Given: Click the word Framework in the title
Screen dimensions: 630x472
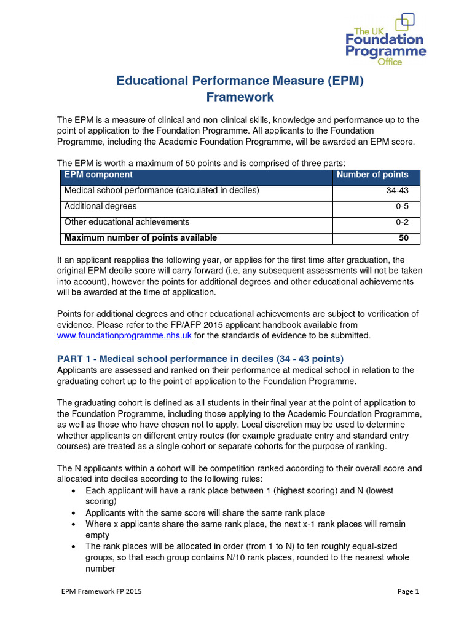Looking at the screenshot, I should pos(240,97).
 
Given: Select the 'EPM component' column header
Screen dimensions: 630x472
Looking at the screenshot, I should pos(98,175).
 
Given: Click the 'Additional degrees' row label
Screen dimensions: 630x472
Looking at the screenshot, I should pos(100,207).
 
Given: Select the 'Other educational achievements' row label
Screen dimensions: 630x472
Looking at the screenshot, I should pos(127,222).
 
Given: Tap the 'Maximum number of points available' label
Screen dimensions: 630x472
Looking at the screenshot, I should pos(140,238).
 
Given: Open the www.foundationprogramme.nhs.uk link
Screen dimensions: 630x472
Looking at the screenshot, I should pos(125,336).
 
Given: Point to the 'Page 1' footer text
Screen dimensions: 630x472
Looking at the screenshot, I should pos(407,592).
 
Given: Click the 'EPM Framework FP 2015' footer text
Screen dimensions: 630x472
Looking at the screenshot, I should pos(101,592).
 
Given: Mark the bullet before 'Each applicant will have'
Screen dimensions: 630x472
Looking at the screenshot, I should pos(74,491).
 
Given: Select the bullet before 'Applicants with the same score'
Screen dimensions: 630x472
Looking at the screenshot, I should pos(74,513).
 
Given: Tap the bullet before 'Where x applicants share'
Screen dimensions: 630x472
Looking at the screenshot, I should pos(74,524).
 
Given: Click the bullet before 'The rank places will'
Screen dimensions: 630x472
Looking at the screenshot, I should pos(74,546).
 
